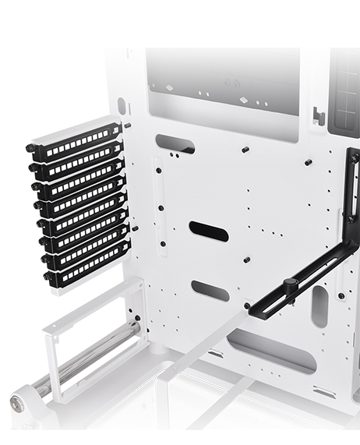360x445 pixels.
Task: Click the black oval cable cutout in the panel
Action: pyautogui.click(x=209, y=231)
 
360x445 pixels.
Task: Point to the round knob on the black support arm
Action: pyautogui.click(x=290, y=283)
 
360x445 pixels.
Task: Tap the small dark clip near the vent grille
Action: pyautogui.click(x=319, y=116)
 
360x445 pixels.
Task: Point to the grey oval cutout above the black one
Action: pyautogui.click(x=175, y=144)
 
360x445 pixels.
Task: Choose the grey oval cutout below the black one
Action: pyautogui.click(x=210, y=291)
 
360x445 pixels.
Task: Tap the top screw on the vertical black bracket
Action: pyautogui.click(x=353, y=159)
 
